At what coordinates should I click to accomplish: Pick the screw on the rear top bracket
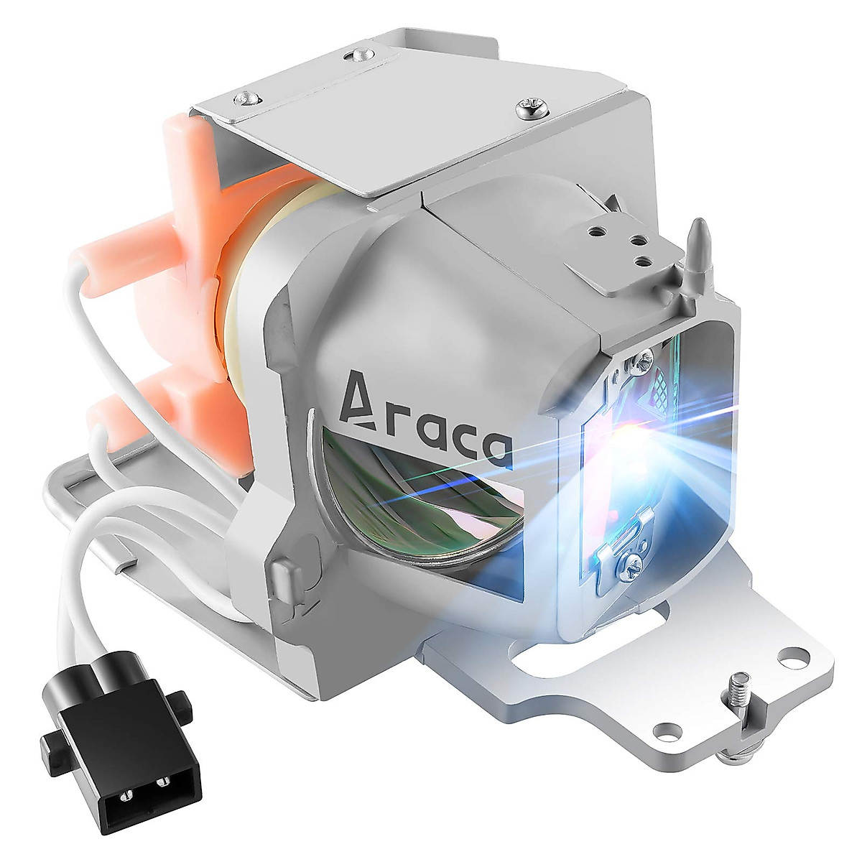pyautogui.click(x=358, y=55)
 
